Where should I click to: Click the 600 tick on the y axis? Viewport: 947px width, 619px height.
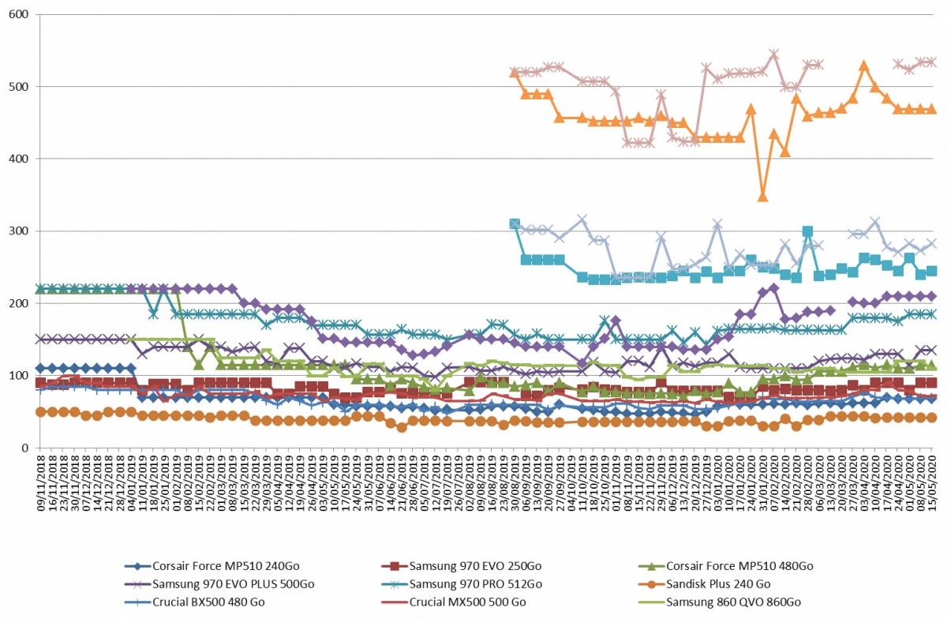(19, 14)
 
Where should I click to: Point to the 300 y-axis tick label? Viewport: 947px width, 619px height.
(19, 231)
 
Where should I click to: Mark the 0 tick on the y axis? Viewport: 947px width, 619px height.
(25, 448)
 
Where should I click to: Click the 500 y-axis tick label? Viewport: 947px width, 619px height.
(19, 87)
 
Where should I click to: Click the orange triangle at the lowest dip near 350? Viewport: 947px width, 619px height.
(762, 197)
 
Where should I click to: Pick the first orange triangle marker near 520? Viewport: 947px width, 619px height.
(514, 73)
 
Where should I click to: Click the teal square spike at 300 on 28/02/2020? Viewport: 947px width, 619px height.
(807, 231)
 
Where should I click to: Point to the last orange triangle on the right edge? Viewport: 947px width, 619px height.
(932, 109)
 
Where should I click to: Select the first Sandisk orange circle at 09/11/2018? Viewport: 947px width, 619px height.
(41, 412)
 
